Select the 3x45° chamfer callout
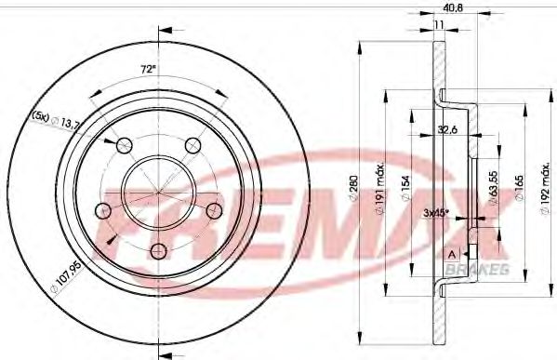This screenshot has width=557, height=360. [437, 213]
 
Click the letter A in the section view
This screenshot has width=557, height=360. [450, 255]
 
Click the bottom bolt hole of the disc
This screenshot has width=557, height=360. [158, 248]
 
